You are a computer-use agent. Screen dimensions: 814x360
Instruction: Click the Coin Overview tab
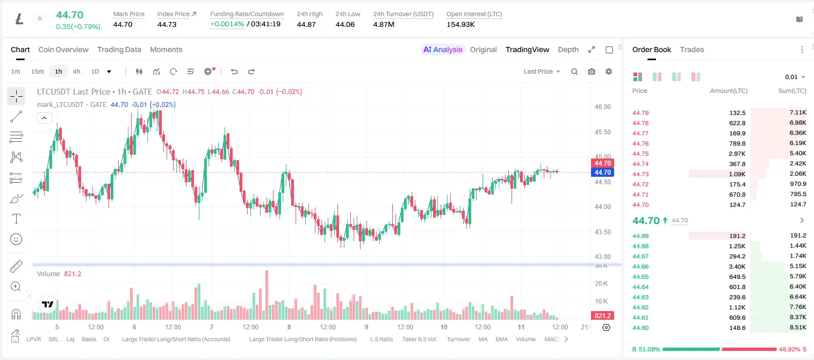tap(63, 49)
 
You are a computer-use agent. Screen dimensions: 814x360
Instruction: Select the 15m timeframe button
tap(38, 71)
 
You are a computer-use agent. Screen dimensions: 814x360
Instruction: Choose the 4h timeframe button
tap(76, 71)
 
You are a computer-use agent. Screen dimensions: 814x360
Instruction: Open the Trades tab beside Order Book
tap(692, 49)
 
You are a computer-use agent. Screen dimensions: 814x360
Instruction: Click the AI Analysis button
tap(443, 49)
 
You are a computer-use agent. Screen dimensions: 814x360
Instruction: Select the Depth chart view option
tap(568, 49)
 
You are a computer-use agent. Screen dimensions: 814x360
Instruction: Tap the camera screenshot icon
tap(592, 71)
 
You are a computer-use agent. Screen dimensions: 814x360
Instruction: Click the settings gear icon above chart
tap(609, 71)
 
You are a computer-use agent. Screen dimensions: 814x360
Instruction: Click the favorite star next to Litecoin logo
tap(40, 18)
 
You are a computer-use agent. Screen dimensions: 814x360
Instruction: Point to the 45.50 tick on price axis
tap(602, 132)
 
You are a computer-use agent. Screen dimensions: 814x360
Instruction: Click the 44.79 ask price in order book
tap(640, 113)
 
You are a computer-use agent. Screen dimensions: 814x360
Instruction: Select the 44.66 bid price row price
tap(640, 267)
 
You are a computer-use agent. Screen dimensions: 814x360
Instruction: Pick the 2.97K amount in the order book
tap(737, 154)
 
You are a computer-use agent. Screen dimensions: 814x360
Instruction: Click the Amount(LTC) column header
tap(729, 91)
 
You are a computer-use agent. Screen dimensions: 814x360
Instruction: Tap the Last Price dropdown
tap(542, 71)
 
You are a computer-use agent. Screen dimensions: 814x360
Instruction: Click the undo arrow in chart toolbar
tap(234, 71)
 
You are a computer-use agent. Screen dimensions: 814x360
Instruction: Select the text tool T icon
tap(16, 219)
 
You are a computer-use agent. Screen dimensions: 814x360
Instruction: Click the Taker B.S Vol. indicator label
tap(419, 339)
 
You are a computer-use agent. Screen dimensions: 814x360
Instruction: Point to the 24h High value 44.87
tap(306, 24)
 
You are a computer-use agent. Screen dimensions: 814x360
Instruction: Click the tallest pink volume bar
tap(266, 295)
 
